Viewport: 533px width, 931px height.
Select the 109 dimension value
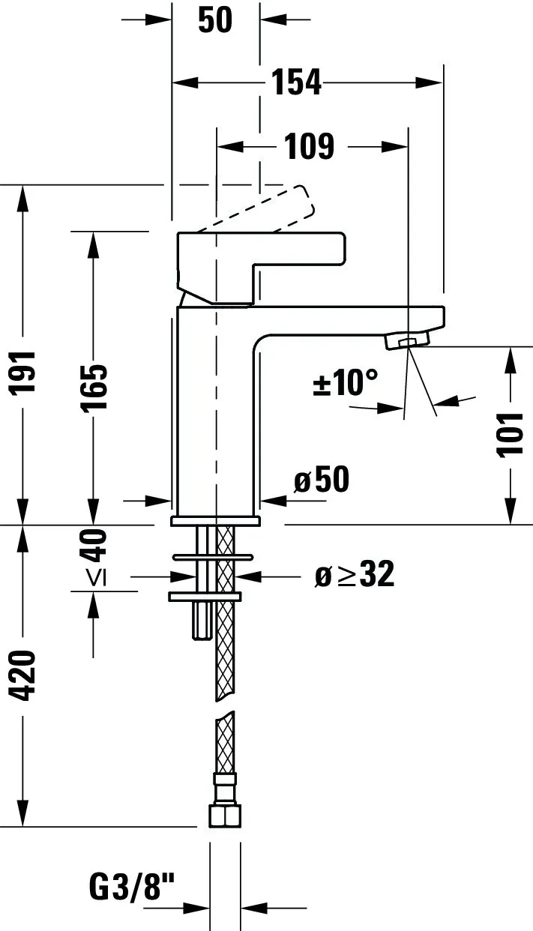click(309, 146)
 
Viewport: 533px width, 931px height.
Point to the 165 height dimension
click(94, 387)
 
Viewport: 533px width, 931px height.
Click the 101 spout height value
click(510, 433)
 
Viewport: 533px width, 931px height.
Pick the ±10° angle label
click(345, 384)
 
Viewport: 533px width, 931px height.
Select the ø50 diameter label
click(322, 480)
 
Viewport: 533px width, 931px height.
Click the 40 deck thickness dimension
click(94, 545)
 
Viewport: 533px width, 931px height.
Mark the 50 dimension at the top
click(215, 20)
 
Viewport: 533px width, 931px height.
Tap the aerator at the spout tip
click(406, 342)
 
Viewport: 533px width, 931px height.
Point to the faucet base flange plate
click(215, 519)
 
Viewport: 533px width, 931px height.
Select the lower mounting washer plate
click(206, 595)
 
